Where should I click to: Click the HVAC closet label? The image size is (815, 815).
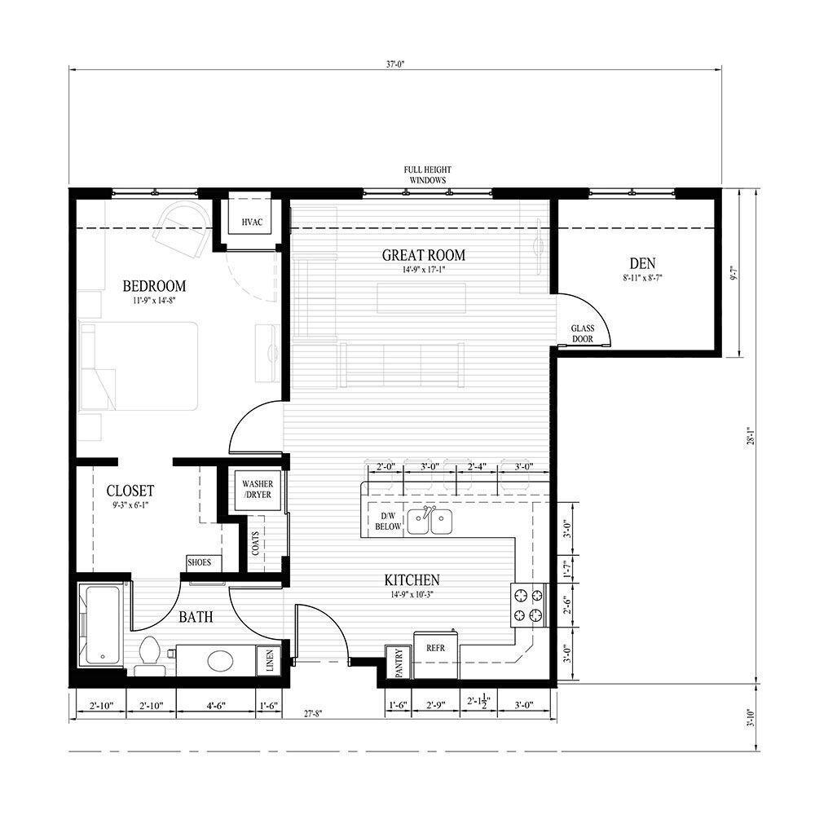click(x=251, y=222)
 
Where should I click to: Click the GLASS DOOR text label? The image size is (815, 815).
click(x=582, y=334)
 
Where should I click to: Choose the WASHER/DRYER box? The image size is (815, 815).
click(x=256, y=490)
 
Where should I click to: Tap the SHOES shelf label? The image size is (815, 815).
click(x=200, y=562)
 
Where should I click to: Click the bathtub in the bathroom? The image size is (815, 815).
click(x=101, y=623)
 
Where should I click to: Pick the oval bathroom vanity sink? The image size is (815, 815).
click(x=220, y=659)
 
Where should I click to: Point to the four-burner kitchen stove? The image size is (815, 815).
click(x=527, y=605)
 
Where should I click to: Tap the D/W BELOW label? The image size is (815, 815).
click(x=388, y=522)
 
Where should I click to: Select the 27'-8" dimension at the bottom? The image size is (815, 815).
click(x=312, y=714)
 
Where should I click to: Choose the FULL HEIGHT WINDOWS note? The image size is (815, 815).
click(x=428, y=175)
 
